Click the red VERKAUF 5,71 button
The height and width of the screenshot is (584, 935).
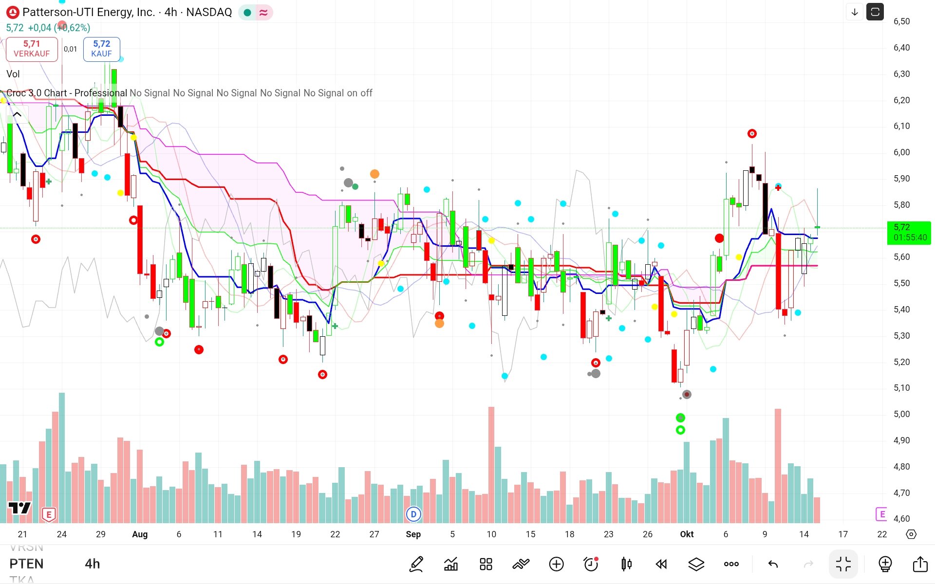pyautogui.click(x=32, y=49)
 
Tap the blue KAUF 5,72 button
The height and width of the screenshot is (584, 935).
pyautogui.click(x=101, y=49)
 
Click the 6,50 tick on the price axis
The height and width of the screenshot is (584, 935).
pyautogui.click(x=901, y=21)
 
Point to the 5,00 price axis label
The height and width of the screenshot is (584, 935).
pyautogui.click(x=901, y=414)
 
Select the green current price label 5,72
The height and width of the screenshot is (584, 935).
pyautogui.click(x=909, y=232)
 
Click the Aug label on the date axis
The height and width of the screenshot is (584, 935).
pyautogui.click(x=140, y=534)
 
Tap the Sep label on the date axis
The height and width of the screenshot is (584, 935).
pyautogui.click(x=413, y=534)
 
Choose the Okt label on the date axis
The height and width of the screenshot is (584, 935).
pyautogui.click(x=687, y=534)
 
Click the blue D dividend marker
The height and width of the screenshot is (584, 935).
pyautogui.click(x=413, y=514)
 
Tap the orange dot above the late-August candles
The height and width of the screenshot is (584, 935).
pyautogui.click(x=374, y=174)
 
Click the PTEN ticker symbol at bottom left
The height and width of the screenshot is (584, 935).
pyautogui.click(x=26, y=564)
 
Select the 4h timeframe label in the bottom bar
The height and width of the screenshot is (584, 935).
pyautogui.click(x=92, y=564)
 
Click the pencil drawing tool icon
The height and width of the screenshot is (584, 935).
pyautogui.click(x=416, y=564)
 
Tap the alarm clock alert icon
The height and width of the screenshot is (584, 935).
pyautogui.click(x=591, y=564)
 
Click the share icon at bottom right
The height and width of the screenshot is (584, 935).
pyautogui.click(x=920, y=564)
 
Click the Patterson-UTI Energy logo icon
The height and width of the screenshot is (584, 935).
pyautogui.click(x=12, y=12)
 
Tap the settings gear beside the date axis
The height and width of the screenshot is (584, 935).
pyautogui.click(x=911, y=534)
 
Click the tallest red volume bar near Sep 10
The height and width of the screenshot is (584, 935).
pyautogui.click(x=491, y=465)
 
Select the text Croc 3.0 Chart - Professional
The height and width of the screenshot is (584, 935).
pyautogui.click(x=67, y=93)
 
